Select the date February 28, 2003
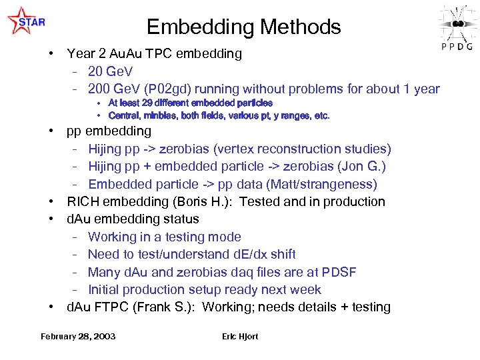click(x=77, y=336)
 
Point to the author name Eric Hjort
click(x=240, y=336)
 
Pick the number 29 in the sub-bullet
click(x=155, y=103)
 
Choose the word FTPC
click(x=112, y=307)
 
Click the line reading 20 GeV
click(x=111, y=71)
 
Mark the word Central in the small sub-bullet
click(x=123, y=116)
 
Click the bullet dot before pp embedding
click(x=51, y=131)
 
